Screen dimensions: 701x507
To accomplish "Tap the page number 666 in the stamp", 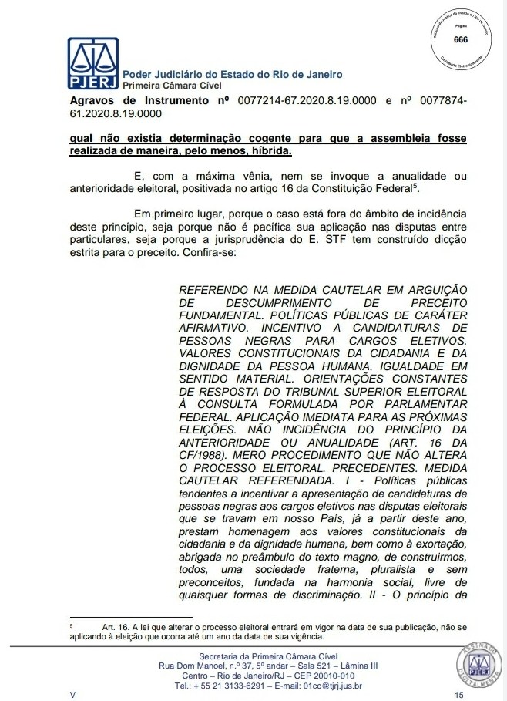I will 460,39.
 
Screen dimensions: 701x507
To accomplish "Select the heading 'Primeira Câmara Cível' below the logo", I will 169,84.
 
